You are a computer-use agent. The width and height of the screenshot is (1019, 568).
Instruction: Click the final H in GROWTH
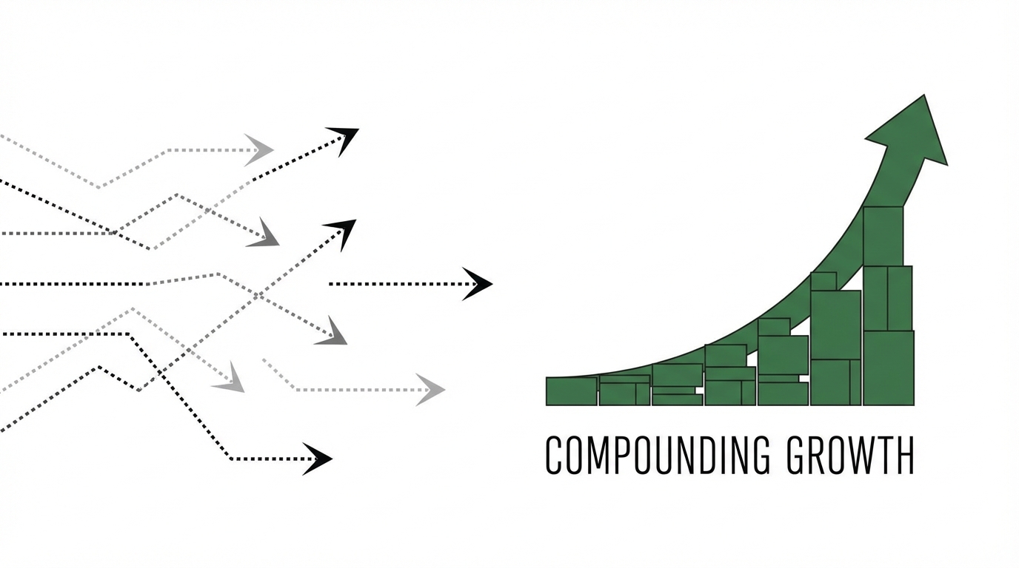coord(906,456)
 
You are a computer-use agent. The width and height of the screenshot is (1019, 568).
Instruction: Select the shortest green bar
coord(572,391)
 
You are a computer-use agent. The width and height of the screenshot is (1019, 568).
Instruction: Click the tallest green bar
coord(887,311)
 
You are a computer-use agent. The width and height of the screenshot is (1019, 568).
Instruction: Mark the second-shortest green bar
coord(624,390)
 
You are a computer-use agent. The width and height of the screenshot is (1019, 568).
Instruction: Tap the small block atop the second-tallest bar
coord(823,282)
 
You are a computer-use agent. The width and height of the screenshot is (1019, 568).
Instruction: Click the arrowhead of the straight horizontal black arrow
coord(478,284)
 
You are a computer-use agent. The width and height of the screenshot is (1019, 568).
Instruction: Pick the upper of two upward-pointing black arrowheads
coord(344,138)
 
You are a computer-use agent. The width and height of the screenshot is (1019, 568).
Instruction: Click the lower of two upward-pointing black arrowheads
coord(341,231)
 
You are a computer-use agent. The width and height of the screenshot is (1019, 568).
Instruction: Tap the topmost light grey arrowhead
coord(259,150)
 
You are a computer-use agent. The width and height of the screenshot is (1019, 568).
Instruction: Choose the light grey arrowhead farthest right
coord(430,389)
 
